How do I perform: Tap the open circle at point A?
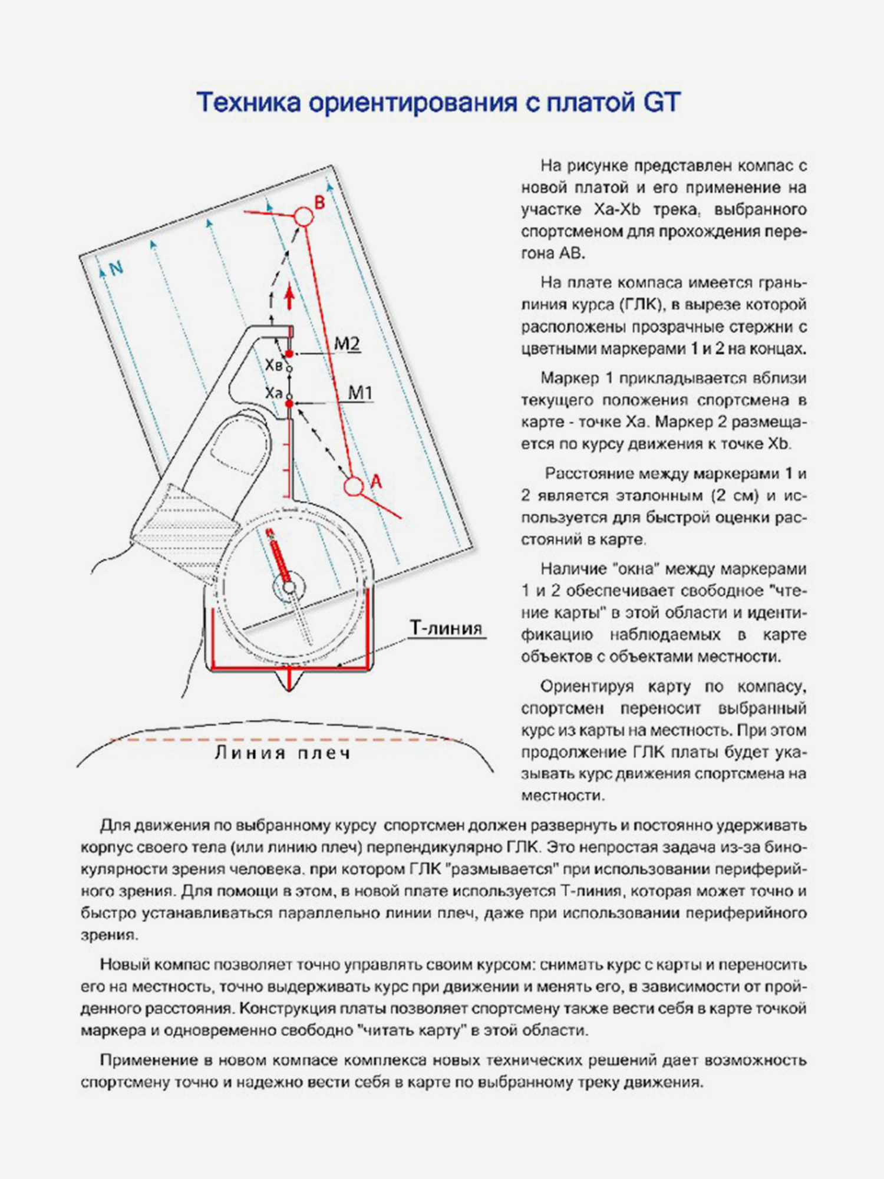(354, 486)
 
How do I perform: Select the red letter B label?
(319, 203)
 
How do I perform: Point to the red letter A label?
(376, 481)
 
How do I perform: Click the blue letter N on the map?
(116, 268)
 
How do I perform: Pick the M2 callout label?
(347, 344)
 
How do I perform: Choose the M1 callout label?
(360, 393)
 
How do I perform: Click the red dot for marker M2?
(289, 354)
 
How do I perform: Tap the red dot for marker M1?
(289, 404)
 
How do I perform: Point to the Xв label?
(273, 365)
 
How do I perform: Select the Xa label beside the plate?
(273, 392)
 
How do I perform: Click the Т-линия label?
(446, 628)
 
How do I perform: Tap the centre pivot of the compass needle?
(289, 587)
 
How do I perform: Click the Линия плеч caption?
(283, 753)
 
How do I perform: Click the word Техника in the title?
(249, 102)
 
